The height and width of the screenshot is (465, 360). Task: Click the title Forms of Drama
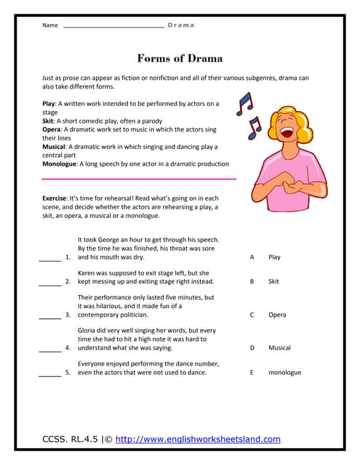[180, 58]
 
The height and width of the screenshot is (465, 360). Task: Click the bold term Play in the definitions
[49, 104]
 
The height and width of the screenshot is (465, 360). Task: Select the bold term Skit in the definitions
[49, 121]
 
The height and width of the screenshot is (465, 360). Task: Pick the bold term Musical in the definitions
[55, 147]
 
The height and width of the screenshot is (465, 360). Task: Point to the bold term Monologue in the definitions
[59, 164]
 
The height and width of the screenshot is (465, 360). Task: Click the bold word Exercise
[55, 198]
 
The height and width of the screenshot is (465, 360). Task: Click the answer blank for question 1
[49, 259]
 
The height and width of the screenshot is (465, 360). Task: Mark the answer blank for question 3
[49, 317]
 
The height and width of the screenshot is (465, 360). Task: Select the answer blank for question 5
[49, 374]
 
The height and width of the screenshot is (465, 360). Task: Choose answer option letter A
[252, 257]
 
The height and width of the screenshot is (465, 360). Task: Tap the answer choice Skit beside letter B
[273, 280]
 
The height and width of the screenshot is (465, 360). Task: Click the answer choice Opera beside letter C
[276, 315]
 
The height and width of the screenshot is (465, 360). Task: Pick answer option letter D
[252, 348]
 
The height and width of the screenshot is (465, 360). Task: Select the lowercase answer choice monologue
[284, 373]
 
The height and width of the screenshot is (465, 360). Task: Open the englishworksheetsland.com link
[198, 439]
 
